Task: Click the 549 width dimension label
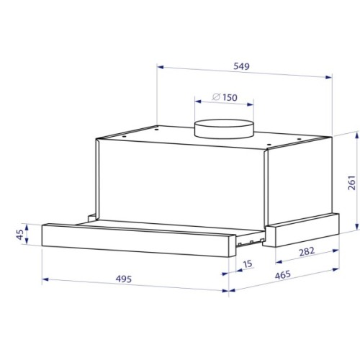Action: pos(241,66)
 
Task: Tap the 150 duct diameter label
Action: pos(230,97)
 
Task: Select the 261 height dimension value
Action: pos(352,183)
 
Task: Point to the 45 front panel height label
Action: pos(20,235)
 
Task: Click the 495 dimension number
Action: pos(124,279)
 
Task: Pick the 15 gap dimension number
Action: pos(248,264)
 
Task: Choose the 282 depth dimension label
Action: pos(307,251)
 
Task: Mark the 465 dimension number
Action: pos(283,275)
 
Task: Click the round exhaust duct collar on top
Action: pos(224,129)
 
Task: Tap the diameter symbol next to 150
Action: pos(216,96)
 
